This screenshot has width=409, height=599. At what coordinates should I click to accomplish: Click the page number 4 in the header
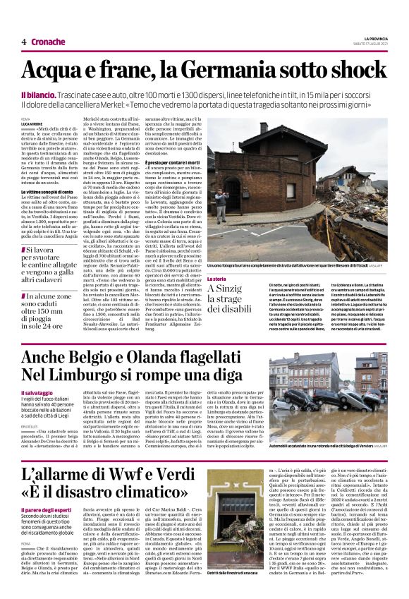tap(23, 42)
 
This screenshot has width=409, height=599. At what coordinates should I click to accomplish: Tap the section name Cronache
tap(49, 42)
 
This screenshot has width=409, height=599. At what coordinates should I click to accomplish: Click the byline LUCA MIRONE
tap(32, 124)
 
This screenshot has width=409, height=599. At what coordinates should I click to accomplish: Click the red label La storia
tap(216, 260)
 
